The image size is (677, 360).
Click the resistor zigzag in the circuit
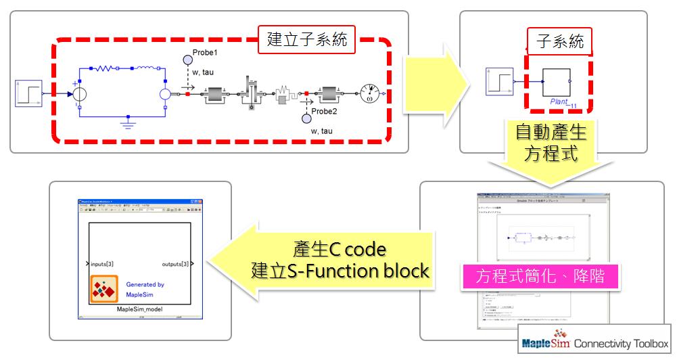pos(108,68)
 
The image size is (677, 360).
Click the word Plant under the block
pos(559,102)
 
